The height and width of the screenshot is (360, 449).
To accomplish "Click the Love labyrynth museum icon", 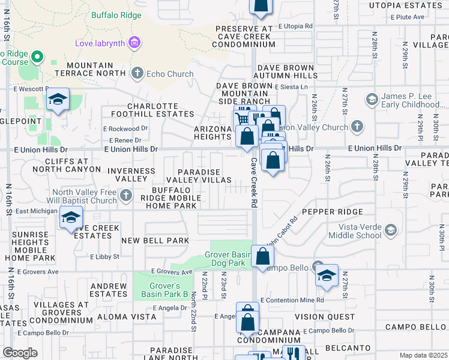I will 134,43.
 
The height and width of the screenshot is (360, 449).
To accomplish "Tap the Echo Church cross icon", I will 137,74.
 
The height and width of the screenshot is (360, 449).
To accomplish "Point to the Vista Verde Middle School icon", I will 391,230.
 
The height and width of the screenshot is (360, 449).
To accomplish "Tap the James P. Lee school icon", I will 371,98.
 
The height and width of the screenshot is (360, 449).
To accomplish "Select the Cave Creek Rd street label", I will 253,182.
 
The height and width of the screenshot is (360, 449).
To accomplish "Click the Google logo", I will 20,353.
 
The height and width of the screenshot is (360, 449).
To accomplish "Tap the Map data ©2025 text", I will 423,355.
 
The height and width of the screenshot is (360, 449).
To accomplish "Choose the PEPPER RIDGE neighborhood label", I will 332,212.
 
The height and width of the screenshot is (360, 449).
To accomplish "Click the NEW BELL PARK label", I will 155,241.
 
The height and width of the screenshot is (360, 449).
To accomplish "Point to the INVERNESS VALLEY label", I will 131,175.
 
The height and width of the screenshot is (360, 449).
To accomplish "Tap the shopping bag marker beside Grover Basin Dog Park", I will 263,257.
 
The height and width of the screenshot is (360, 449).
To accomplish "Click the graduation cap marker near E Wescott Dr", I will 58,100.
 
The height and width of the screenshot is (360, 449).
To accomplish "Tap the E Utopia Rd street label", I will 292,26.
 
